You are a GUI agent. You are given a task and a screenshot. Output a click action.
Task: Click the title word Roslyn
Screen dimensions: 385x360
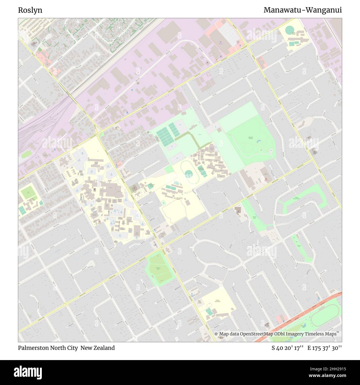coord(30,10)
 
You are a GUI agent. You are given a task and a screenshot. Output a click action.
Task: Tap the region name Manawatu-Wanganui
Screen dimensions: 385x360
coord(302,10)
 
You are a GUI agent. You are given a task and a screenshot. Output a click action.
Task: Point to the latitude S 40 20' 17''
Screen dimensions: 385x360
coord(288,348)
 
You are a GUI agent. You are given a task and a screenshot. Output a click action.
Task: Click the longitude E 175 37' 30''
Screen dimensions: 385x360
coord(325,348)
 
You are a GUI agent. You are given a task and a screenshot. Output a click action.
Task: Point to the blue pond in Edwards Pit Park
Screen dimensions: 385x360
coord(258,142)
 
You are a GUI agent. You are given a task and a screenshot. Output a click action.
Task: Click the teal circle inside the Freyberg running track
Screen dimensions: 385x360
coord(189,174)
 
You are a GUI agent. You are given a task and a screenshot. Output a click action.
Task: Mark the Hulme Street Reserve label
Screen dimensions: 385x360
coord(297,198)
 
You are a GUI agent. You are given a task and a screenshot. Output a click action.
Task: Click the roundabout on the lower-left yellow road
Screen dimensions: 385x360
coord(66,304)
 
